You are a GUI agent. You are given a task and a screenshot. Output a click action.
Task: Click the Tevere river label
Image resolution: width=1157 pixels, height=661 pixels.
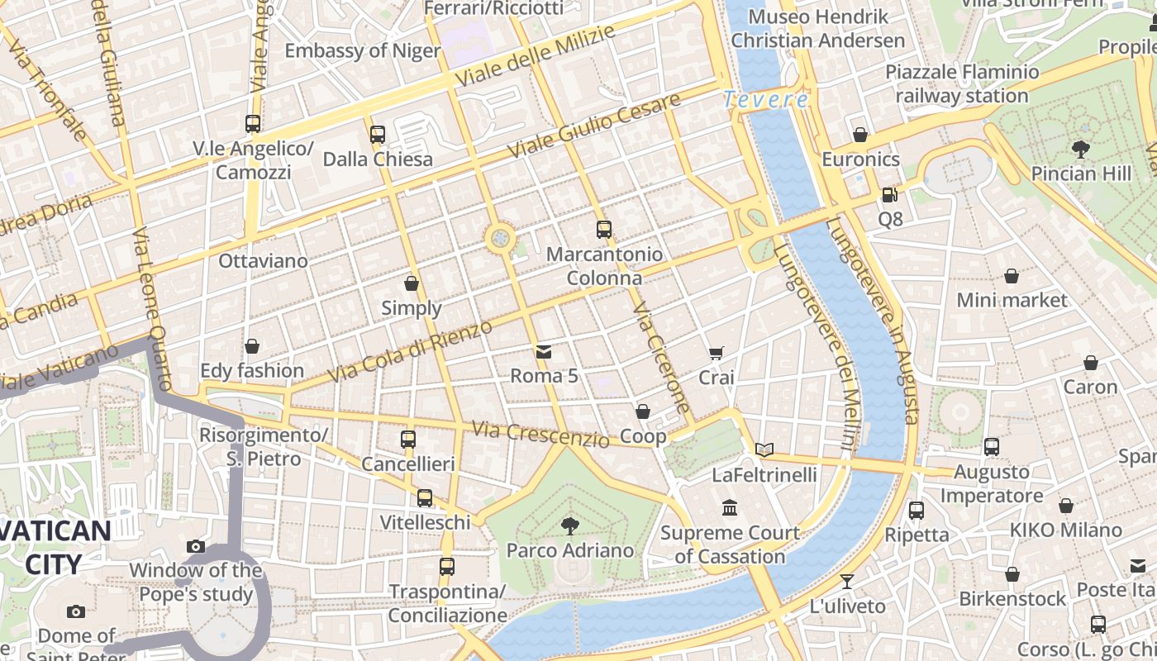pyautogui.click(x=765, y=100)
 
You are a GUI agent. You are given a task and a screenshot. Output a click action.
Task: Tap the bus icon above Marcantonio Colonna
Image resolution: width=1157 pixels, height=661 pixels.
pyautogui.click(x=604, y=230)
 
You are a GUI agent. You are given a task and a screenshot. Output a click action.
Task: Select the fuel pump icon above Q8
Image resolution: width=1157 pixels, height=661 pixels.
pyautogui.click(x=889, y=195)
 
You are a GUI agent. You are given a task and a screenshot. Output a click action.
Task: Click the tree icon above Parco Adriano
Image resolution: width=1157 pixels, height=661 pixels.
pyautogui.click(x=569, y=525)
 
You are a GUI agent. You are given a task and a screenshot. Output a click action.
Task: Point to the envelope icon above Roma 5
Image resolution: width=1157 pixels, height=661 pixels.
pyautogui.click(x=543, y=352)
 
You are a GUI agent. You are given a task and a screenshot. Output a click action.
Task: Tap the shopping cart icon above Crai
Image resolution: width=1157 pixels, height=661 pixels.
pyautogui.click(x=717, y=354)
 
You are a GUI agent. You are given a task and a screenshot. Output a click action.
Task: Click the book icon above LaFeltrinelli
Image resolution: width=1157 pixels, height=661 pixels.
pyautogui.click(x=764, y=450)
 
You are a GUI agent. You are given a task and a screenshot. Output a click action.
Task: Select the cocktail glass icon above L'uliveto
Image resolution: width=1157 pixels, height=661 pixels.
pyautogui.click(x=846, y=582)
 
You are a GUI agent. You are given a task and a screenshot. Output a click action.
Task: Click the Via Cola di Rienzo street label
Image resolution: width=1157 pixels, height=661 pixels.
pyautogui.click(x=410, y=350)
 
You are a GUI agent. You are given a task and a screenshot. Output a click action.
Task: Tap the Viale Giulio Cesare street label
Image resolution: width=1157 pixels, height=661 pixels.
pyautogui.click(x=594, y=126)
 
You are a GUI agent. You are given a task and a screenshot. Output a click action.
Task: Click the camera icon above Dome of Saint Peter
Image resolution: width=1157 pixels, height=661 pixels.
pyautogui.click(x=76, y=612)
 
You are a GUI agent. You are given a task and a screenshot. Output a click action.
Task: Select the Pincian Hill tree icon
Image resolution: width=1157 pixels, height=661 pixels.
pyautogui.click(x=1080, y=150)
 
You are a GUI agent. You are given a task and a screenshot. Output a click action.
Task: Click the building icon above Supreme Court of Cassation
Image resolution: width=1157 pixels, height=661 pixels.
pyautogui.click(x=730, y=508)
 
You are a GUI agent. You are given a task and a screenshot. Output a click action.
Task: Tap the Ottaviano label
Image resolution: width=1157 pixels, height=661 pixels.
pyautogui.click(x=263, y=261)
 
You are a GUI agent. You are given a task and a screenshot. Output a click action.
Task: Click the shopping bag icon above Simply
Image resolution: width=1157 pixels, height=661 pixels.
pyautogui.click(x=412, y=284)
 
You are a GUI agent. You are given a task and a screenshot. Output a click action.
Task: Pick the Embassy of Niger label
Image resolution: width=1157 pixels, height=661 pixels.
pyautogui.click(x=363, y=50)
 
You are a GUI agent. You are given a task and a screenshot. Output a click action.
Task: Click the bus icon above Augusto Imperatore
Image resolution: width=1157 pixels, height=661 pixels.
pyautogui.click(x=992, y=447)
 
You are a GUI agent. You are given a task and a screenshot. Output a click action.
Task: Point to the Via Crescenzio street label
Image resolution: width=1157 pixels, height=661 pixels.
pyautogui.click(x=540, y=434)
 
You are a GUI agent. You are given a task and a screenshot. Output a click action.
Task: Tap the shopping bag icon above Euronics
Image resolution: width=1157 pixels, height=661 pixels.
pyautogui.click(x=860, y=135)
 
